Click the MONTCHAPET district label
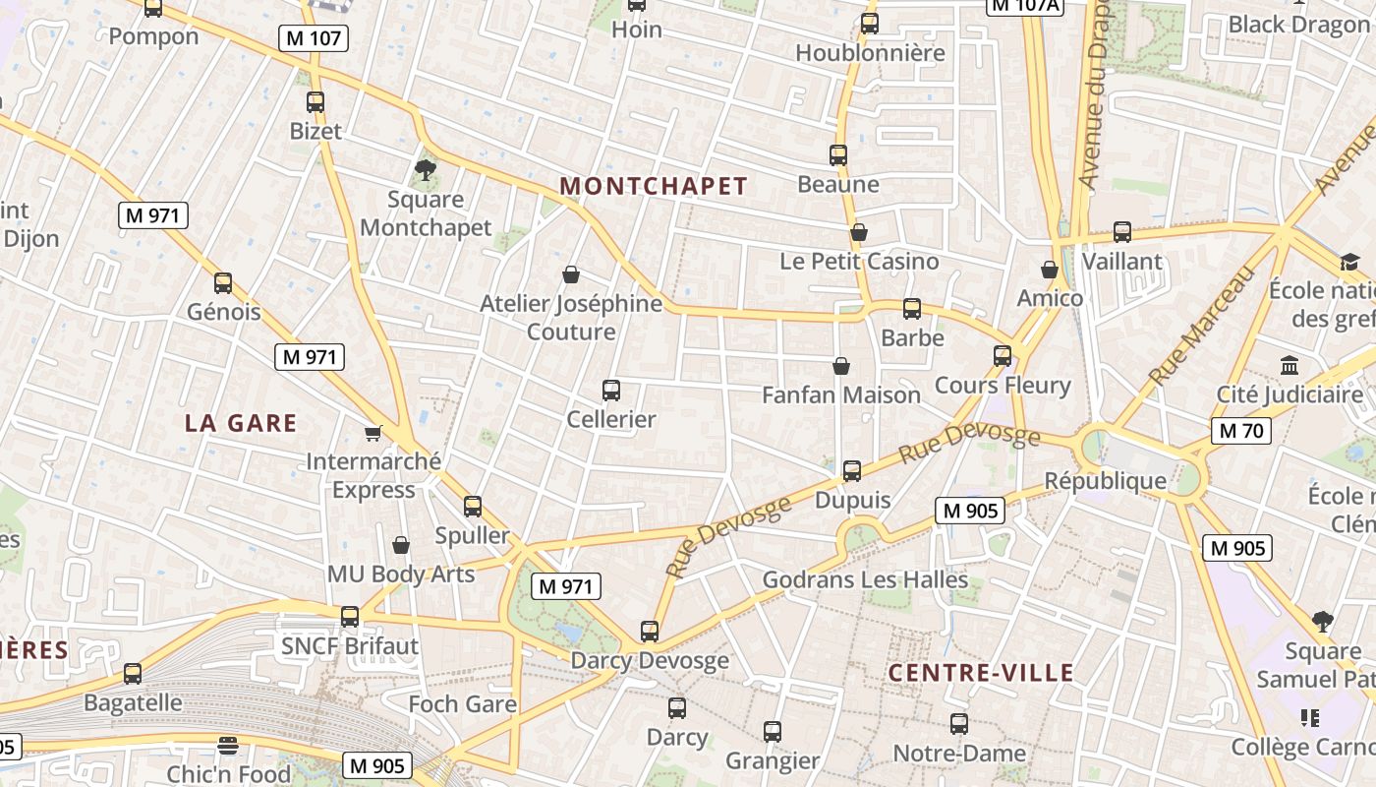(654, 186)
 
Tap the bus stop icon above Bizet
(315, 102)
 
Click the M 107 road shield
(314, 38)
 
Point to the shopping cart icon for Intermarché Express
(373, 433)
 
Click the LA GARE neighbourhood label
(241, 423)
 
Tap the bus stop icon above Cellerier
(611, 391)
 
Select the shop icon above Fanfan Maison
(841, 366)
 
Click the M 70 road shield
(1241, 430)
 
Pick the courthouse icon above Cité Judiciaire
(1290, 366)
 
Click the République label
(1105, 481)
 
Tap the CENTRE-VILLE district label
(981, 673)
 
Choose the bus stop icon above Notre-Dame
(959, 725)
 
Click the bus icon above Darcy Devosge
(650, 632)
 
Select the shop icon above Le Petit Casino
(859, 232)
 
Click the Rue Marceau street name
(1201, 324)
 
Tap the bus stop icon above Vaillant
(1122, 233)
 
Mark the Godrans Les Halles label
(865, 579)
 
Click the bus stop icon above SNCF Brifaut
(350, 618)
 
